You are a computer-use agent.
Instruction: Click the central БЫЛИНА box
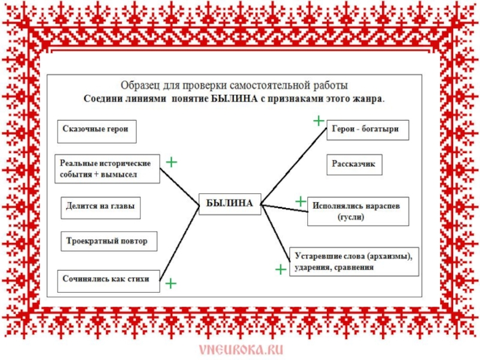pyautogui.click(x=230, y=204)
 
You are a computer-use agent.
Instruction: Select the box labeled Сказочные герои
pyautogui.click(x=97, y=130)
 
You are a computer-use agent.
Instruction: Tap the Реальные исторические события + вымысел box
pyautogui.click(x=109, y=169)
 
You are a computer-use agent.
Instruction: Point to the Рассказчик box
pyautogui.click(x=355, y=164)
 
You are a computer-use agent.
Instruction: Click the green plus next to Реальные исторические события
pyautogui.click(x=172, y=162)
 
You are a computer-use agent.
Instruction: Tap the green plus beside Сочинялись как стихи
pyautogui.click(x=171, y=283)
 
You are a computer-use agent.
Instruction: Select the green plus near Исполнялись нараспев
pyautogui.click(x=300, y=201)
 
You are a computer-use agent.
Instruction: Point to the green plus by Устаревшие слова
pyautogui.click(x=280, y=270)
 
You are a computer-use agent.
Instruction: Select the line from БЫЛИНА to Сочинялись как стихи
pyautogui.click(x=179, y=242)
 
